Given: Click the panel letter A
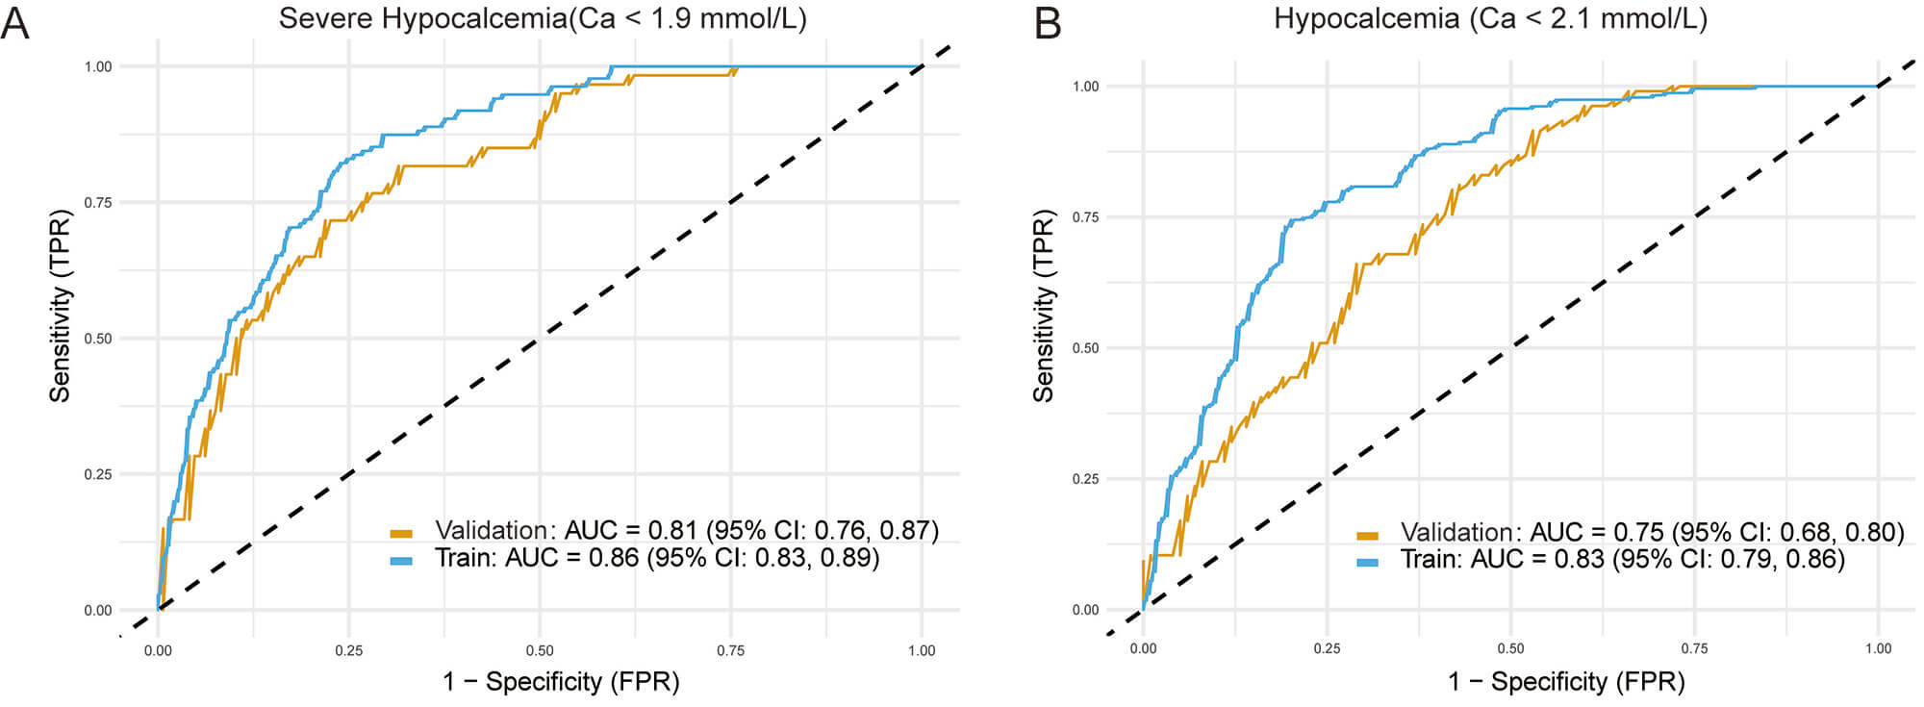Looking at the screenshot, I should pyautogui.click(x=14, y=21).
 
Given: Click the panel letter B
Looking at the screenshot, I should pyautogui.click(x=1047, y=21).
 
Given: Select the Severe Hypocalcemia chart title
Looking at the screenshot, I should pyautogui.click(x=543, y=18).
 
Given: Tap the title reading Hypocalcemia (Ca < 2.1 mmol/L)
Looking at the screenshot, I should pyautogui.click(x=1490, y=18).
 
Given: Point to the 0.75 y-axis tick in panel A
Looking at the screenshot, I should pyautogui.click(x=98, y=203).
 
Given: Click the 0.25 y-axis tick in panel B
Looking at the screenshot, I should pyautogui.click(x=1085, y=479).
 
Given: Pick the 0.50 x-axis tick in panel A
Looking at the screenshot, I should pyautogui.click(x=540, y=650).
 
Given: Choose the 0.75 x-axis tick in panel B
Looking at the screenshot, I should pyautogui.click(x=1694, y=648).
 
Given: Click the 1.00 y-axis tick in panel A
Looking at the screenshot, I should pyautogui.click(x=98, y=66).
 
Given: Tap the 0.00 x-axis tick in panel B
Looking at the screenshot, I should pyautogui.click(x=1143, y=648).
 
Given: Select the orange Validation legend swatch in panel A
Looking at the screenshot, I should pyautogui.click(x=401, y=533).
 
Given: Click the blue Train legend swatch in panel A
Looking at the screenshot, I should pyautogui.click(x=401, y=560).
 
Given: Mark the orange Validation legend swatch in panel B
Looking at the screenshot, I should pyautogui.click(x=1367, y=535).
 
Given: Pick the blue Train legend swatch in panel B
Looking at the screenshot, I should pyautogui.click(x=1367, y=562).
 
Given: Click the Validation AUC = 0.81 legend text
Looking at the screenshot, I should pyautogui.click(x=687, y=530).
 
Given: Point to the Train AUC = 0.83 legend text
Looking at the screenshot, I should pyautogui.click(x=1623, y=559).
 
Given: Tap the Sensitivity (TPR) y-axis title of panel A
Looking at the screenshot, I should pyautogui.click(x=61, y=305).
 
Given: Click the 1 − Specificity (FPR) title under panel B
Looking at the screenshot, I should pyautogui.click(x=1566, y=681).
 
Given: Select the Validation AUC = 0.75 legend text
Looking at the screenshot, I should pyautogui.click(x=1652, y=532).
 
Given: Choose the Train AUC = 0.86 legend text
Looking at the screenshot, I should pyautogui.click(x=657, y=557).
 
